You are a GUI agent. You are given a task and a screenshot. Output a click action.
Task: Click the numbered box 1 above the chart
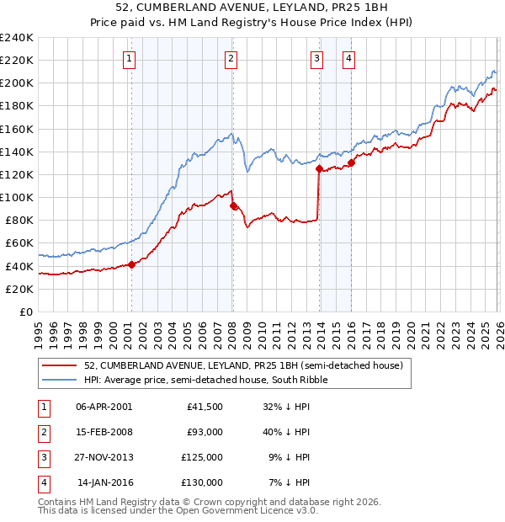coord(130,59)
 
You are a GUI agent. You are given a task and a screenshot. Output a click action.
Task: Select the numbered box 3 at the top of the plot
coord(316,59)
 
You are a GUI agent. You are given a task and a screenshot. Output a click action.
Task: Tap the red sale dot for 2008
coord(233,205)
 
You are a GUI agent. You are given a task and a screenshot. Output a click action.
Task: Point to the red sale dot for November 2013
coord(319,169)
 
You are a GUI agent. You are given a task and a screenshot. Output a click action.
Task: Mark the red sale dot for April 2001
coord(131,264)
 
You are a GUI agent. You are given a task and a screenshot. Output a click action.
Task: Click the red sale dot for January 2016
coord(351,163)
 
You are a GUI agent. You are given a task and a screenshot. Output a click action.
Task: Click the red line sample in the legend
coord(60,365)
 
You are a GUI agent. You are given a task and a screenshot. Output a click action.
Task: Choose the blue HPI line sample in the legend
coord(60,380)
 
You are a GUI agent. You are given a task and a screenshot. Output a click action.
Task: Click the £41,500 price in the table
coord(205,407)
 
